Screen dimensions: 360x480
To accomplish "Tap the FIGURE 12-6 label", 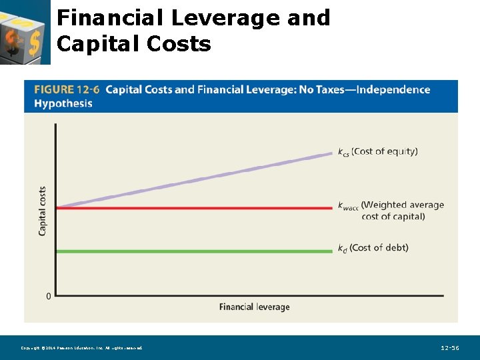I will click(x=67, y=90).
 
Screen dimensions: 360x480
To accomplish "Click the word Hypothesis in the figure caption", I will click(x=63, y=104).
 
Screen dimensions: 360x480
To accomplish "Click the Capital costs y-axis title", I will click(x=43, y=210).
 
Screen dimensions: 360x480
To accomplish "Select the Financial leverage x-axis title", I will click(x=254, y=307).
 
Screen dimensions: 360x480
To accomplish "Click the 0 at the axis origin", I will click(x=48, y=295).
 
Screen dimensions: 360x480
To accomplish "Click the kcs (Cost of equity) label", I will click(x=377, y=151).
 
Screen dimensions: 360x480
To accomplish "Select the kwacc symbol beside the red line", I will click(x=348, y=206).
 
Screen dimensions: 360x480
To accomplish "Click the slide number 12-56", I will click(x=450, y=348).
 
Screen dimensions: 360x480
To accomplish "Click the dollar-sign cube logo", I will click(x=25, y=32).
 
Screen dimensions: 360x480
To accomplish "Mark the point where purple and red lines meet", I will click(x=57, y=208).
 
